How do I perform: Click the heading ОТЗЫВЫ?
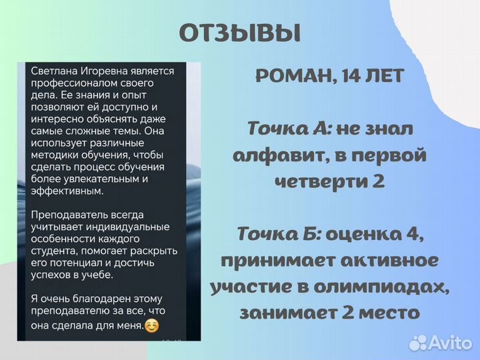click(x=240, y=32)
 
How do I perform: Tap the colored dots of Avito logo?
click(x=418, y=342)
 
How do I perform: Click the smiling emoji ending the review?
click(x=152, y=326)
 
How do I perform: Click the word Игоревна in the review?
click(x=109, y=71)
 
